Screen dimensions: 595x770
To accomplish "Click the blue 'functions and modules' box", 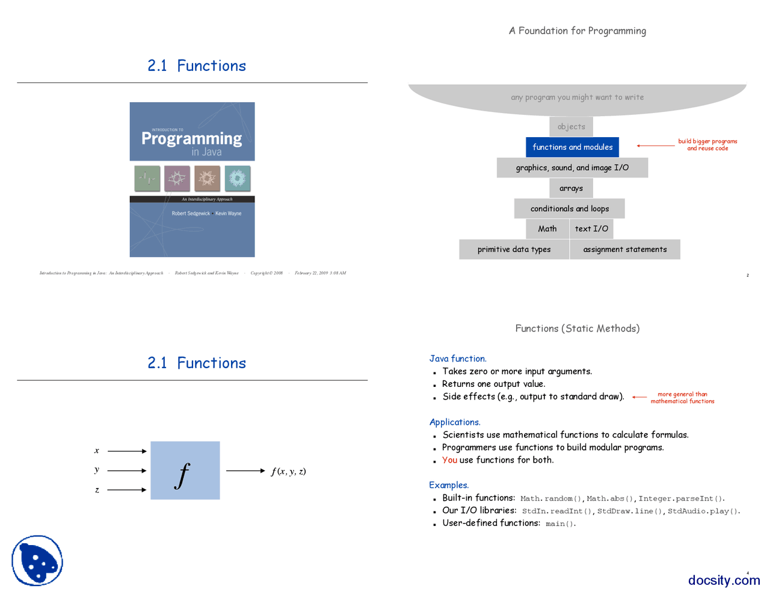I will point(572,147).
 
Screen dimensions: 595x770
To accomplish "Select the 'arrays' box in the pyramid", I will point(571,188).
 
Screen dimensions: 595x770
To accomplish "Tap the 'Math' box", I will point(547,229).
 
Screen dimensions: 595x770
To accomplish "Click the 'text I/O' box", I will point(591,229).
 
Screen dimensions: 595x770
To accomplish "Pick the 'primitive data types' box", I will point(514,249).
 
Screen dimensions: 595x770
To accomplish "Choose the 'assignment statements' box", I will point(624,249).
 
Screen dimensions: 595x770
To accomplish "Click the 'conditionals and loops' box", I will point(569,209).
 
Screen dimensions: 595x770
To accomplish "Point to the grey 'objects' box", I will point(571,127).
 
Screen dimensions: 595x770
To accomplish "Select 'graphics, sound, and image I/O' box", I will point(572,168).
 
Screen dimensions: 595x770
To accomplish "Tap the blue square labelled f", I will point(185,470).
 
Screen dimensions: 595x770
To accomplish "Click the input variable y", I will point(97,470).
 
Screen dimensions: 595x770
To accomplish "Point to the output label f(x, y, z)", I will point(288,471).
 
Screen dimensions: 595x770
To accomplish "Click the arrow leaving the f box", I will point(245,470).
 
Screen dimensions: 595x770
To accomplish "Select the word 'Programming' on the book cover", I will point(191,139).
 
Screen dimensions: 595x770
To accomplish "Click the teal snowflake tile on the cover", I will point(237,178).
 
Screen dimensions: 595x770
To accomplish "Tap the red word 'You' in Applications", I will point(449,460).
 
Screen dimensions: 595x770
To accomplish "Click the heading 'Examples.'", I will point(449,485).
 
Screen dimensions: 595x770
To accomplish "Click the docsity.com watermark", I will point(724,580).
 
